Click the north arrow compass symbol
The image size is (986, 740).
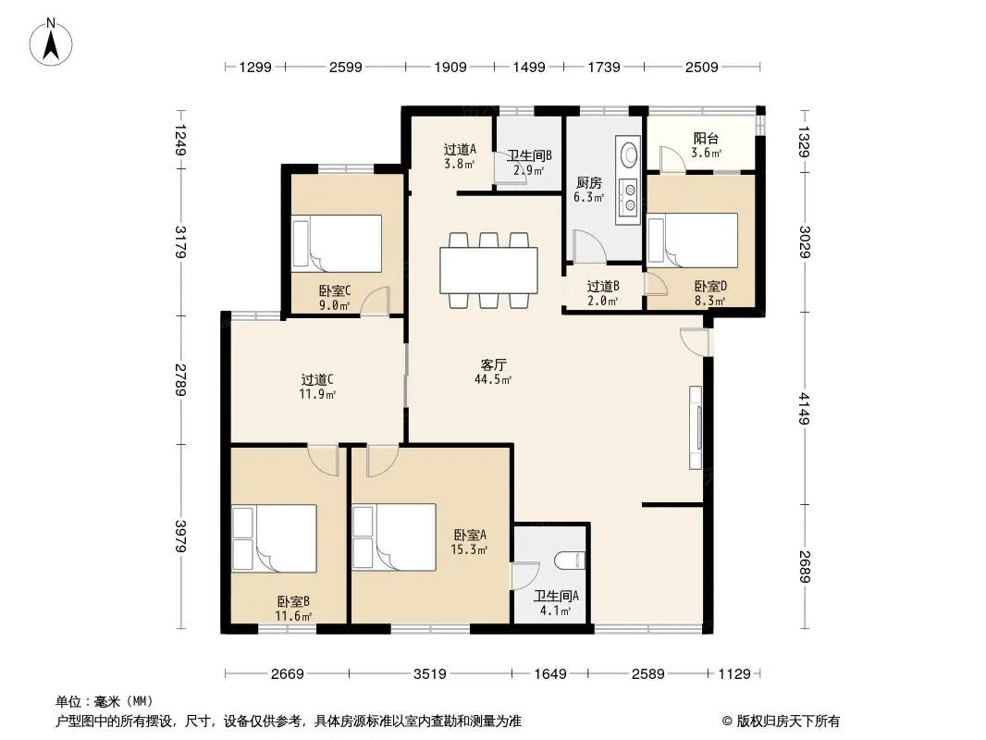pos(51,43)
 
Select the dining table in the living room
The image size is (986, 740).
pos(488,270)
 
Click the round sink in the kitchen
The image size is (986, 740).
pos(629,154)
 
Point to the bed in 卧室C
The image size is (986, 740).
pos(337,243)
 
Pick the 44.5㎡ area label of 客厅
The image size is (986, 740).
pos(493,379)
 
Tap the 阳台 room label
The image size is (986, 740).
pos(706,139)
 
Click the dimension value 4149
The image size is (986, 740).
pos(804,408)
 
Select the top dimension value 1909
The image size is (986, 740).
pos(450,68)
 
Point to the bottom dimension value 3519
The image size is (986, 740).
pos(430,674)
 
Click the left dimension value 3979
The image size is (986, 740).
pos(180,536)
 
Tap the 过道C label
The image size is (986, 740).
pos(317,380)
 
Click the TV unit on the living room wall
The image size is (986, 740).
pos(696,427)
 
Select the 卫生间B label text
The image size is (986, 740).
pos(529,155)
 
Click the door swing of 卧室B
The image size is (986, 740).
pos(322,461)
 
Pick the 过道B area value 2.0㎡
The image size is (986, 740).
pos(602,301)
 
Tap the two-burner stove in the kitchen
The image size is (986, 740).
pos(629,195)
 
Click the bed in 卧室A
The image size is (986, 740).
pos(394,537)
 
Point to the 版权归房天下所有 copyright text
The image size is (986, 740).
pos(788,721)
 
